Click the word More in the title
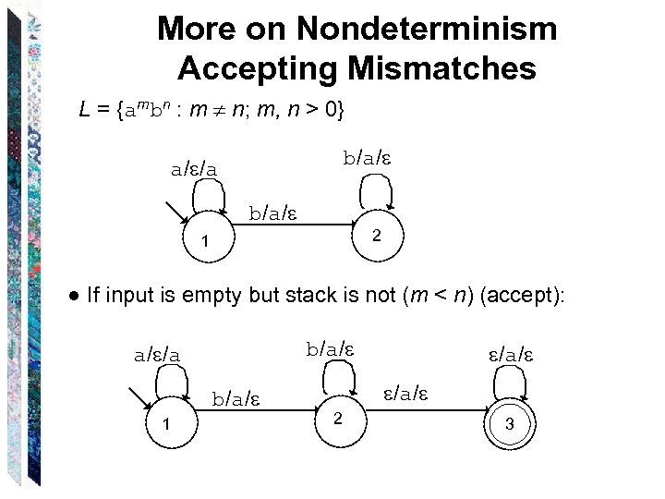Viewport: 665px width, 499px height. (196, 29)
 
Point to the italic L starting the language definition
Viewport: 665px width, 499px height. (86, 112)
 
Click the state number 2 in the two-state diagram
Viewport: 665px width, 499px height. (376, 237)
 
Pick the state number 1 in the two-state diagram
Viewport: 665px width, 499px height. (207, 243)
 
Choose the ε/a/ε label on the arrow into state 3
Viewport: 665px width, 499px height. (407, 395)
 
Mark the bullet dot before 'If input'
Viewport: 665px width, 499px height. (73, 297)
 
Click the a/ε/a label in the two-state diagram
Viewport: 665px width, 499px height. (195, 169)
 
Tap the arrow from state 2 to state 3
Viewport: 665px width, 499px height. (425, 408)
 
